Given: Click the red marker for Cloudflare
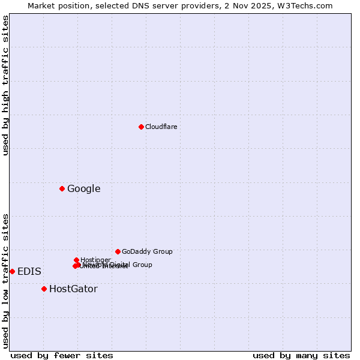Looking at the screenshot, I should pos(141,127).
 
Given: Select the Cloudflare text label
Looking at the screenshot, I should pos(161,127).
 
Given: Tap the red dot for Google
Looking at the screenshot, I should pos(62,188).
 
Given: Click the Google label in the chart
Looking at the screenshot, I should pos(83,189).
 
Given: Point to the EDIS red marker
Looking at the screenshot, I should pos(12,271).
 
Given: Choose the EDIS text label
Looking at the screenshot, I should pos(29,272).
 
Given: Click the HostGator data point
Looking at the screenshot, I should pos(44,289).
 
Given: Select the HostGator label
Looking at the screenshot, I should pos(73,289).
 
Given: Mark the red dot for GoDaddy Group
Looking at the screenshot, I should pos(118,251).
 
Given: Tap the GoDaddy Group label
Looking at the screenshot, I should pos(147,251).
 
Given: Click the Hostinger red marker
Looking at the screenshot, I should pos(76,260).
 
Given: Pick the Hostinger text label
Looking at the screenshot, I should pos(95,260).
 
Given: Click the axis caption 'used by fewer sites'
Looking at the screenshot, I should pos(62,355).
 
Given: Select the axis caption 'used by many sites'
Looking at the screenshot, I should pos(301,355).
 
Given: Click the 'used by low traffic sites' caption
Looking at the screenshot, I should pos(5,280).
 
